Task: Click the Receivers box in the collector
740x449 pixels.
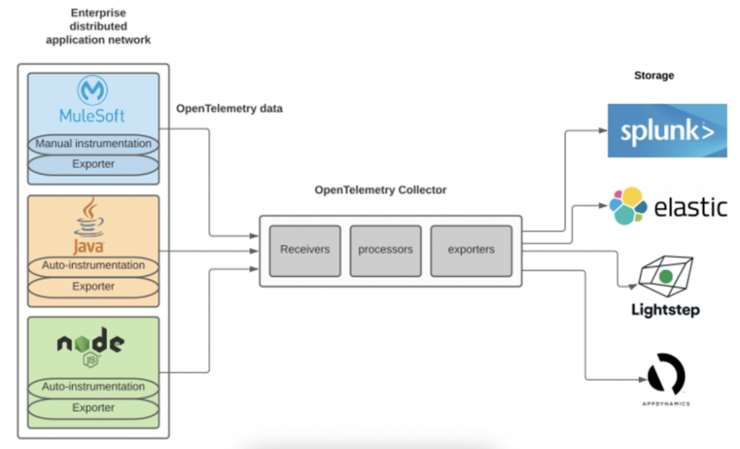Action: [305, 250]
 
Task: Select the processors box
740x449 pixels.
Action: [385, 250]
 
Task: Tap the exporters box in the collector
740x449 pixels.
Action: [470, 250]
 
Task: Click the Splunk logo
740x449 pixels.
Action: [667, 131]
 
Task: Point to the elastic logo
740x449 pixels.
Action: [667, 207]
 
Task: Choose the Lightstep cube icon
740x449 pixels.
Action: [666, 275]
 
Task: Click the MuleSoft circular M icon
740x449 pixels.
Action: [92, 91]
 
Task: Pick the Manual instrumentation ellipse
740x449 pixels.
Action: [93, 144]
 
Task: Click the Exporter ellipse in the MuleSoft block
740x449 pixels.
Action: [93, 165]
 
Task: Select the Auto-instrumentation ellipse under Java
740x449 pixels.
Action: [93, 266]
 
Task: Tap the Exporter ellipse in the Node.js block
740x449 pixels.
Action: [93, 409]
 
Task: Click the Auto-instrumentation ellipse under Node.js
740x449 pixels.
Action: [93, 388]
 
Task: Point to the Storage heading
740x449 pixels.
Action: [653, 74]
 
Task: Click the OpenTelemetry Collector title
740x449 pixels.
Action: [380, 190]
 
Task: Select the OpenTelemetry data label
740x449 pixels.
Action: [230, 108]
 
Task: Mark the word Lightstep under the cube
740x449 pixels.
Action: [666, 311]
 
